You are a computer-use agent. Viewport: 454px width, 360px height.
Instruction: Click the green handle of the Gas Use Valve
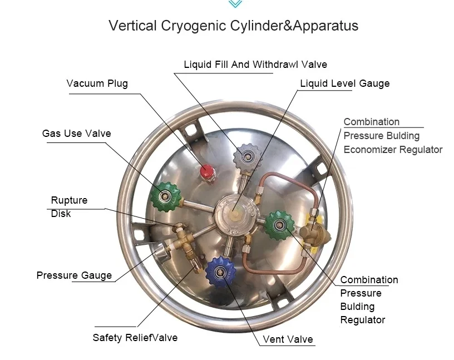[x=166, y=194]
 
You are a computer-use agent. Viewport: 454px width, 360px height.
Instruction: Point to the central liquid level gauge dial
[x=235, y=210]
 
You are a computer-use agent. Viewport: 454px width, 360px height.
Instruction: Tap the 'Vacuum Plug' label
[x=97, y=83]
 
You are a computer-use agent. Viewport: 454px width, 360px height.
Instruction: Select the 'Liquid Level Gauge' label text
[x=345, y=83]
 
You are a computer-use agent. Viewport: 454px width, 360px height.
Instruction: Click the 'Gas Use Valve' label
[x=76, y=134]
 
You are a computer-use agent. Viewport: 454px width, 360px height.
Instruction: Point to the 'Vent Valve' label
[x=288, y=339]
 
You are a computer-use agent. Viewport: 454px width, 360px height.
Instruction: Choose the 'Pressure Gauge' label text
[x=74, y=275]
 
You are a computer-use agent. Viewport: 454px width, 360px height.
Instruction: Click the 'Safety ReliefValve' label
[x=135, y=338]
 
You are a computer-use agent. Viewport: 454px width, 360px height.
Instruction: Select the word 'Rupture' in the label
[x=69, y=200]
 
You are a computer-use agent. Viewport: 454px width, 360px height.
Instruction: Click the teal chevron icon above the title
[x=235, y=4]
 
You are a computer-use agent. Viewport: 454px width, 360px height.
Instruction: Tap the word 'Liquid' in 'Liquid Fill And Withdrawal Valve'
[x=198, y=65]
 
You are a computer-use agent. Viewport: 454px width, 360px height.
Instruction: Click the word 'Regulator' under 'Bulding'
[x=363, y=320]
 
